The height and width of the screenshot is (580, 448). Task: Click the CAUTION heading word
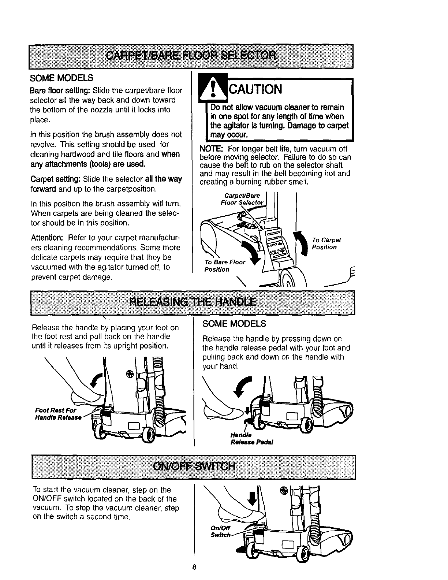coord(255,89)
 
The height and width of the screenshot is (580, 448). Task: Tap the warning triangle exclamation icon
coord(211,89)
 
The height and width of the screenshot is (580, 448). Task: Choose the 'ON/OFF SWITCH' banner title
coord(194,466)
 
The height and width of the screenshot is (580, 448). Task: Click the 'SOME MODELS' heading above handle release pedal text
coord(234,324)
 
